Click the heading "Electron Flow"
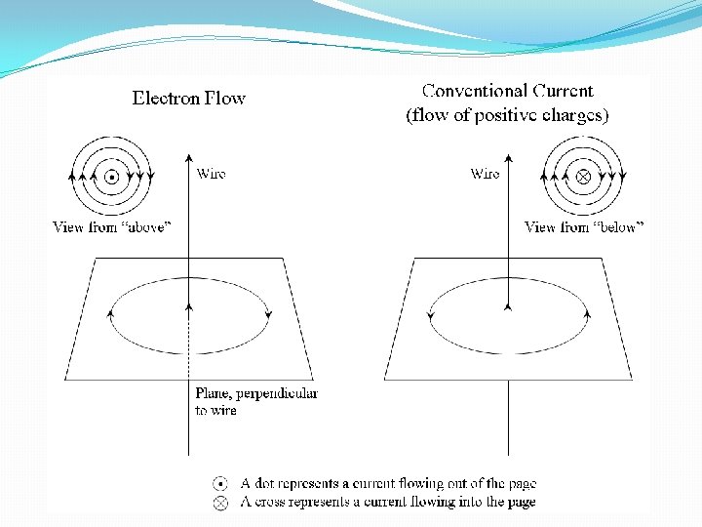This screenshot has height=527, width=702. pyautogui.click(x=189, y=98)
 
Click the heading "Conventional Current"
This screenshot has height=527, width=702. pyautogui.click(x=507, y=91)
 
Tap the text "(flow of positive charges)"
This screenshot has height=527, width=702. pyautogui.click(x=507, y=115)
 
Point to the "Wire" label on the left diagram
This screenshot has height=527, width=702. pyautogui.click(x=211, y=174)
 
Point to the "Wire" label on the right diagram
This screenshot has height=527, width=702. pyautogui.click(x=485, y=174)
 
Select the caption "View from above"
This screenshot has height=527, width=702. pyautogui.click(x=112, y=227)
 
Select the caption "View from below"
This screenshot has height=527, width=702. pyautogui.click(x=584, y=227)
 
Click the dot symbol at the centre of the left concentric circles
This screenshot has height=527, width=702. pyautogui.click(x=112, y=177)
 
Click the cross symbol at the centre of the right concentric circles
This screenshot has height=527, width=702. pyautogui.click(x=583, y=177)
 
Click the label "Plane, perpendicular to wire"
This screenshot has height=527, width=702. pyautogui.click(x=255, y=401)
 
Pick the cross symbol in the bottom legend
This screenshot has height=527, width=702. pyautogui.click(x=221, y=502)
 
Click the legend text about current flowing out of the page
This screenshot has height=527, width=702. pyautogui.click(x=388, y=484)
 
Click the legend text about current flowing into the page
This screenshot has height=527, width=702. pyautogui.click(x=388, y=502)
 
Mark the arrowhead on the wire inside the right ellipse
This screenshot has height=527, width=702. pyautogui.click(x=507, y=305)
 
